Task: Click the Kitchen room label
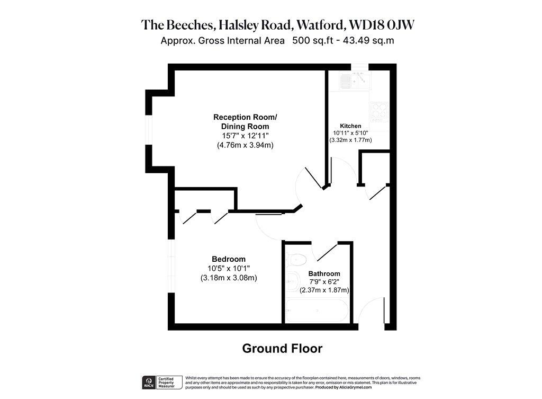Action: (350, 126)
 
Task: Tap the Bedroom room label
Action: (229, 259)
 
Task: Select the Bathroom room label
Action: (324, 273)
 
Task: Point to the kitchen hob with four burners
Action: (379, 112)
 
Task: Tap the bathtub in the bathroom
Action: (317, 311)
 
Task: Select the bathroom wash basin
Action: (293, 281)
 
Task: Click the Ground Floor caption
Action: (282, 348)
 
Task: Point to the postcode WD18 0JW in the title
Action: (382, 24)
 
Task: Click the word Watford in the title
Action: (321, 24)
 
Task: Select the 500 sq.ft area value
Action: (312, 40)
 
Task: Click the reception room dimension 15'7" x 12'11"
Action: (245, 136)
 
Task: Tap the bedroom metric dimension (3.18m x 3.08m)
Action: (229, 278)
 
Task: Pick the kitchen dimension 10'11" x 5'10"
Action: (350, 133)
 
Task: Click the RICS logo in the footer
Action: (149, 383)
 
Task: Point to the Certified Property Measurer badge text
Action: (166, 383)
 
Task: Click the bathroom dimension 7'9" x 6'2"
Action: (324, 282)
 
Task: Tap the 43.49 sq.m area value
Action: (368, 40)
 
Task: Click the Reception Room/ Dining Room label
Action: (245, 122)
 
